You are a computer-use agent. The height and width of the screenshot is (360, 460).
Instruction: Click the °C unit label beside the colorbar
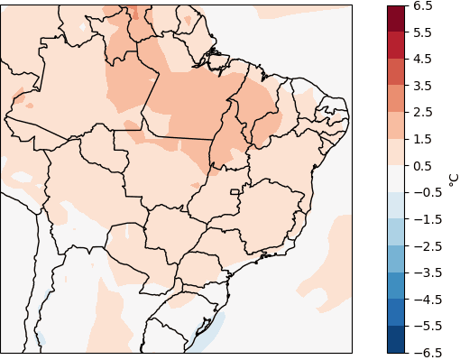pyautogui.click(x=453, y=179)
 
